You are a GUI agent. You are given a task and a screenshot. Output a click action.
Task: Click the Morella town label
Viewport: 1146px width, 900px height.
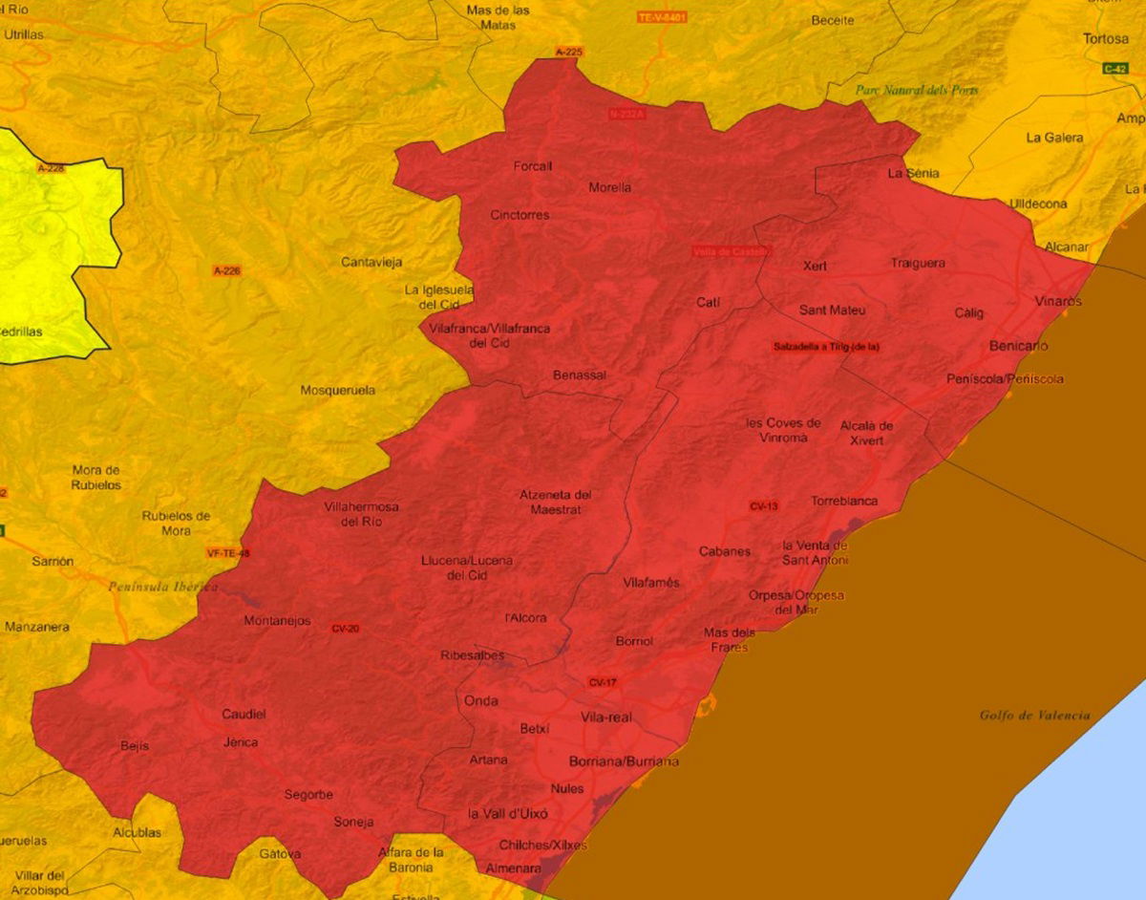(609, 187)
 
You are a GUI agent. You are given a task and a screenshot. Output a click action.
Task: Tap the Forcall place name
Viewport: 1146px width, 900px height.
(533, 166)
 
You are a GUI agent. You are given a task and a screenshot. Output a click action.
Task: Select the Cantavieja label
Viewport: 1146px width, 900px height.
(371, 262)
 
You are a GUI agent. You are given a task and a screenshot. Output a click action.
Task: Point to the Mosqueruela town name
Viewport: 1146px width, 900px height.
(338, 390)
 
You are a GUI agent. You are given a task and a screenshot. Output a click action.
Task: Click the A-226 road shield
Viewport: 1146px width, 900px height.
(226, 271)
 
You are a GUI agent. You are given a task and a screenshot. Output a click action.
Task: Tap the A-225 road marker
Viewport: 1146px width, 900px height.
(568, 51)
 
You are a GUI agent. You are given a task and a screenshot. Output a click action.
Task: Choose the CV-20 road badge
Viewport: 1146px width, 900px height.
(345, 629)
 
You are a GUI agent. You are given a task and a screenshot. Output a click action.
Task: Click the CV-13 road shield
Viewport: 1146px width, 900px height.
(764, 505)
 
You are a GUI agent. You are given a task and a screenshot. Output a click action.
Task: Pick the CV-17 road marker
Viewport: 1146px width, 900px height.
(603, 682)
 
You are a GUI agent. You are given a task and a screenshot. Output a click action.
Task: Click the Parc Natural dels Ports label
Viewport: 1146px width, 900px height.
(917, 90)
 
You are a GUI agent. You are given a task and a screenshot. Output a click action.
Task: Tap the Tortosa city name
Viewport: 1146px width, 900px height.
(1106, 39)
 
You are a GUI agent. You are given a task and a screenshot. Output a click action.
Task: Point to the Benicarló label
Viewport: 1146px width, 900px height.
(1019, 345)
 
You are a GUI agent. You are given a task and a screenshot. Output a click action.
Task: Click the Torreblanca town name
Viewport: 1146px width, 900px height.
(844, 501)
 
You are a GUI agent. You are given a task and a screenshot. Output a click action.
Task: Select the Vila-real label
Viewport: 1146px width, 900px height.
(605, 718)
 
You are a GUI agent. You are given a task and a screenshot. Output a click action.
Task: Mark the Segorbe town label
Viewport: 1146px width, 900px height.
(308, 795)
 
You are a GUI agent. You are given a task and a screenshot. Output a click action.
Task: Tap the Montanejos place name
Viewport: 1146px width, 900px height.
(277, 621)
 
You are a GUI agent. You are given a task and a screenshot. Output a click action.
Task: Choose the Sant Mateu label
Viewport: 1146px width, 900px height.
(833, 310)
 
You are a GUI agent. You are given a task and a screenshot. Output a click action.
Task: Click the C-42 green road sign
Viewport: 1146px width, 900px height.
(1115, 68)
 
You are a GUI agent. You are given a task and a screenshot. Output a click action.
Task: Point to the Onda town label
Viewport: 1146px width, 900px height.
(480, 700)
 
